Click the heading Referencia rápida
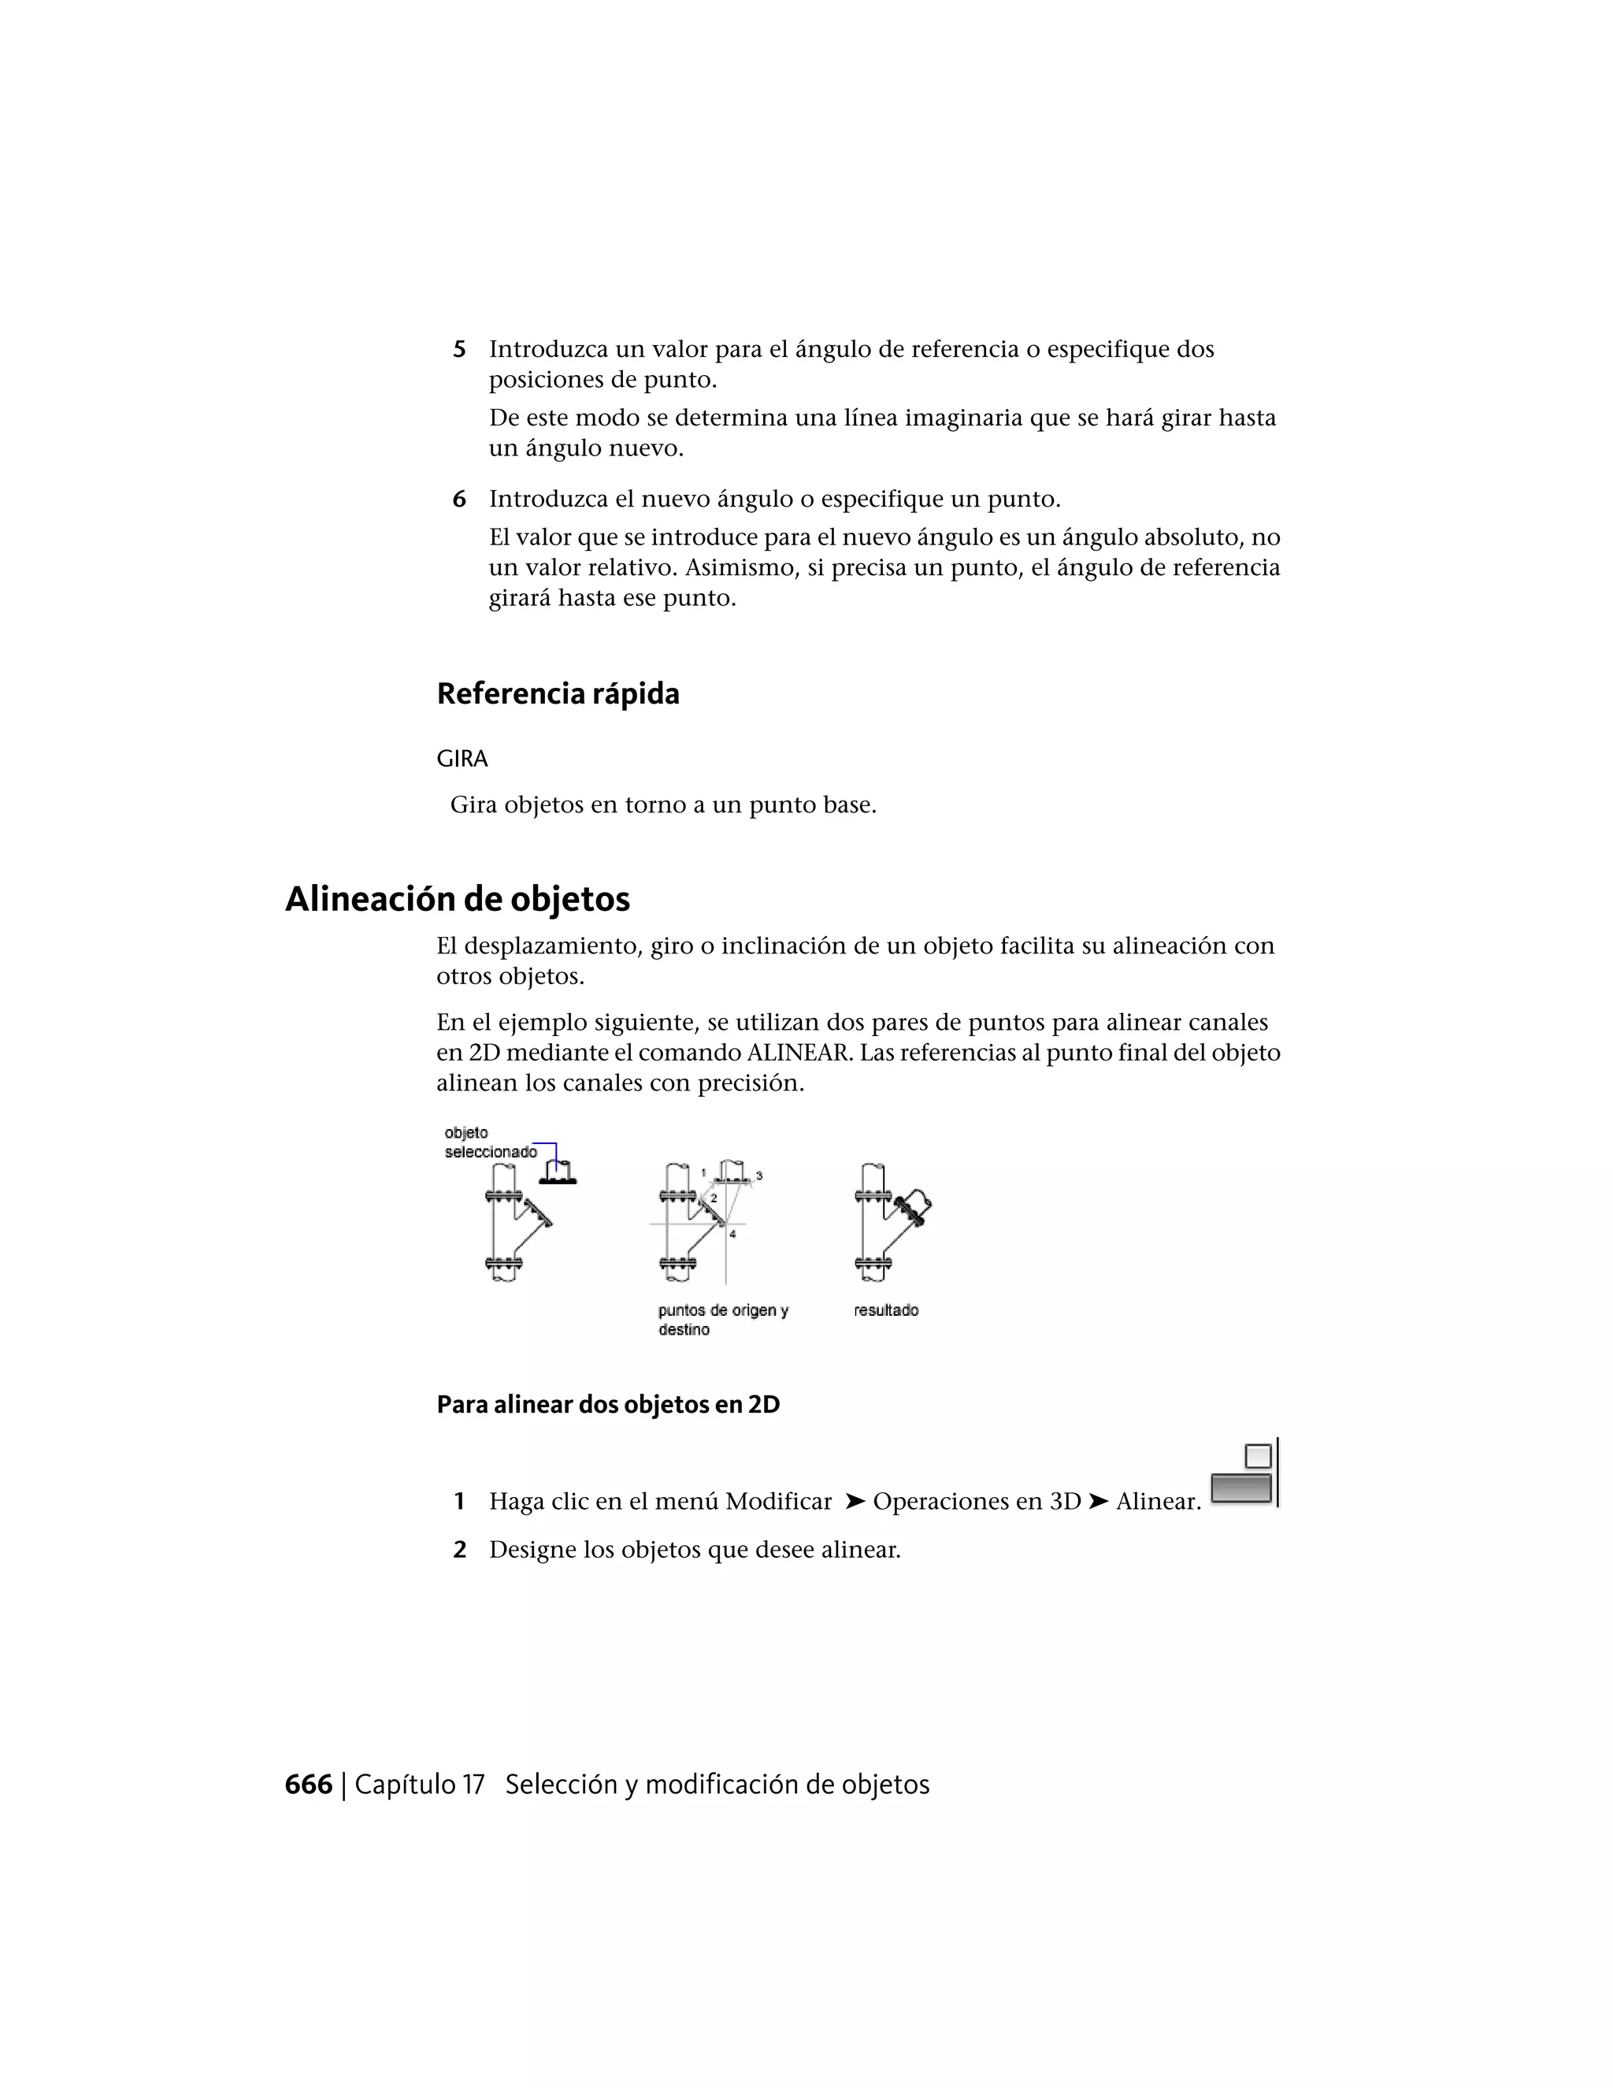[x=558, y=693]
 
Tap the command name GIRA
[x=462, y=759]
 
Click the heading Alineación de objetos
[x=458, y=899]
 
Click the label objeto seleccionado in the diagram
[x=489, y=1142]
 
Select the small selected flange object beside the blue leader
[x=558, y=1174]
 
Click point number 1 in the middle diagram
[x=703, y=1172]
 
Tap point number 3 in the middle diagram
[x=758, y=1175]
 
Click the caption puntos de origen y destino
[x=722, y=1319]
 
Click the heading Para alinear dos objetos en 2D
[x=608, y=1404]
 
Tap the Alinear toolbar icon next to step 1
[x=1243, y=1476]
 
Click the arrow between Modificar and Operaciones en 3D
[x=855, y=1502]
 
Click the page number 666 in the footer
[x=309, y=1785]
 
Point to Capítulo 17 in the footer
[x=420, y=1785]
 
